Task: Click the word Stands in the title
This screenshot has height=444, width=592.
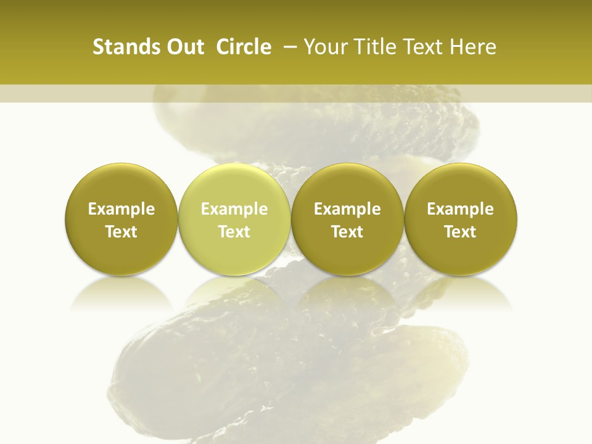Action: [120, 47]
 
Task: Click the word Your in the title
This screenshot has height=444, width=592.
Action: [324, 47]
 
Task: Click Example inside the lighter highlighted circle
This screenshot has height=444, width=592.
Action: [234, 209]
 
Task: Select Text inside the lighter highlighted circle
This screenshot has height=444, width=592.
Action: [234, 232]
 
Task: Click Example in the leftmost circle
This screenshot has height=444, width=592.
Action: [121, 209]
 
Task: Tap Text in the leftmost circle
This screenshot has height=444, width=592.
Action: [121, 232]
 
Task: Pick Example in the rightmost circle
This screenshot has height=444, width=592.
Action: [460, 209]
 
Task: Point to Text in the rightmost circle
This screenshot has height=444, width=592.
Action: [460, 232]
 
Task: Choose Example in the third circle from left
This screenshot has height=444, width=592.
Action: [347, 209]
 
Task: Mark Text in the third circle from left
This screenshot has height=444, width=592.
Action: [347, 232]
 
